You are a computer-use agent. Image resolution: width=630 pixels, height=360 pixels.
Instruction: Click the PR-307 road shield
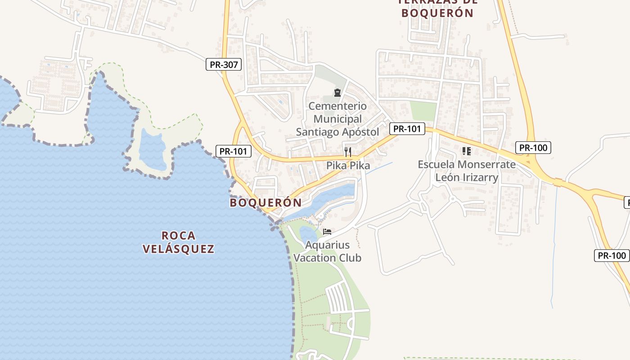click(x=224, y=64)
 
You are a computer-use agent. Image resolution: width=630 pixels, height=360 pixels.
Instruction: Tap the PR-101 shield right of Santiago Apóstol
click(x=407, y=129)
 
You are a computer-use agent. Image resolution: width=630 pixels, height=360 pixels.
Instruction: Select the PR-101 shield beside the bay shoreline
click(x=234, y=151)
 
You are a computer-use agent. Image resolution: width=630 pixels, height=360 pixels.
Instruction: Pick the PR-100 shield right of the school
click(x=533, y=147)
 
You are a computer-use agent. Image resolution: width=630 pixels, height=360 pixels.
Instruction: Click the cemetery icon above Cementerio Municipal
click(x=337, y=93)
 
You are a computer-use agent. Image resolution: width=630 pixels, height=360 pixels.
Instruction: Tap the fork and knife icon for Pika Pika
click(x=347, y=152)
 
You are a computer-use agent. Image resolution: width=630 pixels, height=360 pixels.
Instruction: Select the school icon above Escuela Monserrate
click(x=466, y=151)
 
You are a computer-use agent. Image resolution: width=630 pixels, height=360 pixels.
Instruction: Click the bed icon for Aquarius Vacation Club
click(x=327, y=232)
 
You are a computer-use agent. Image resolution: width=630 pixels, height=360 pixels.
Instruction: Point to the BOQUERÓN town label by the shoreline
click(x=265, y=202)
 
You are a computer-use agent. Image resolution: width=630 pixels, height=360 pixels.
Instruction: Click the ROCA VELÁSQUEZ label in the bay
click(x=178, y=242)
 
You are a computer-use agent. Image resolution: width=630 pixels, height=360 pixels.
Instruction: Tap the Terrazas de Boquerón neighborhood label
click(x=437, y=9)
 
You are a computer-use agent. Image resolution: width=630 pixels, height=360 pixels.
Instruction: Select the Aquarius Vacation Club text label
click(x=327, y=252)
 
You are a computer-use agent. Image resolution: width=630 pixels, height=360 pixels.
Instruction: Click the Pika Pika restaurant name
click(x=348, y=166)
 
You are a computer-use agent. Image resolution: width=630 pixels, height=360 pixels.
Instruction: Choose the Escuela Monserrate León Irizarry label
click(x=467, y=171)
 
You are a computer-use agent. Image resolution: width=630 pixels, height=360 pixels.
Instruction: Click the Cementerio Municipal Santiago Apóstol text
click(x=337, y=119)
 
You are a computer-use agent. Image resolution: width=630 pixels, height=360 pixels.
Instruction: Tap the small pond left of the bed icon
click(x=308, y=234)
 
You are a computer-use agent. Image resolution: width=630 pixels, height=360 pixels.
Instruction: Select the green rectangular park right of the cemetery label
click(x=423, y=111)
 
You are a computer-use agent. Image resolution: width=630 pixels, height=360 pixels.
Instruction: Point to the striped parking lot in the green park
click(x=338, y=298)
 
